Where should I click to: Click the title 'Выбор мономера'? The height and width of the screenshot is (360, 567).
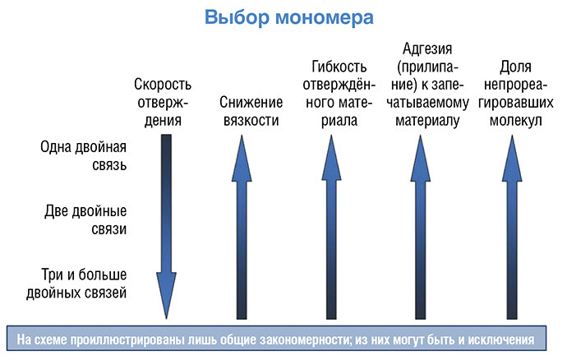point(289,18)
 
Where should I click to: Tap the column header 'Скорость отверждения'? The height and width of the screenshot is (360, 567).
point(163,103)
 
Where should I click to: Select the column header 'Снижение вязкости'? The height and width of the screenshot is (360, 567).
point(251,111)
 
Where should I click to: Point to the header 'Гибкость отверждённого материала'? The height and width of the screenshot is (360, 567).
point(339,94)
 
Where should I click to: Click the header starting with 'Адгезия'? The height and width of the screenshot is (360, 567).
point(427,85)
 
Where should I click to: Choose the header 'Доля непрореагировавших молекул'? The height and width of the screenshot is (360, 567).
point(516,94)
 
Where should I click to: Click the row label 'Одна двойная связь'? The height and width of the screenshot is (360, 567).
point(84,156)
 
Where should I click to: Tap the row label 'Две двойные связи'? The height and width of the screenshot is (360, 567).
point(85,219)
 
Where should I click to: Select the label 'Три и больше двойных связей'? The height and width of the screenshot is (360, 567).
point(76,284)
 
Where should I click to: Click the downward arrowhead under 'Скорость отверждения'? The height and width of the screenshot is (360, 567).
point(166,295)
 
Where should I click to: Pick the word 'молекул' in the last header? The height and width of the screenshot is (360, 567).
point(516,121)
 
